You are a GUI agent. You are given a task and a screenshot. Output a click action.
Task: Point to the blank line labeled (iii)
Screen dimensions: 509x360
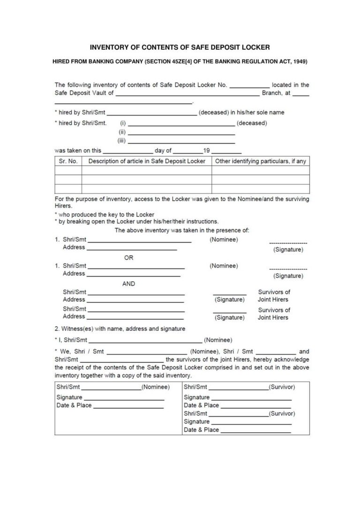(181, 142)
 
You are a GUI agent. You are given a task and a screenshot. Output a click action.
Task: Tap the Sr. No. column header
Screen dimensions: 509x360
(68, 161)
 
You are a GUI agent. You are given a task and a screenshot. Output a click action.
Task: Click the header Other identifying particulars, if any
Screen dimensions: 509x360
(260, 161)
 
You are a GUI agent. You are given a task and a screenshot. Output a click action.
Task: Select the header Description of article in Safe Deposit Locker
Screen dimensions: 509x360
(147, 161)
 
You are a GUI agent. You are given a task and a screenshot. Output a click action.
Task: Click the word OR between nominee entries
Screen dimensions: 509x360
(128, 257)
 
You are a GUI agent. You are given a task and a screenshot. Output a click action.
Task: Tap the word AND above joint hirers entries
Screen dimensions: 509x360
(128, 284)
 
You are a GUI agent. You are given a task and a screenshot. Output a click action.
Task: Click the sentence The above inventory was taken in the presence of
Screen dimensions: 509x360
(182, 230)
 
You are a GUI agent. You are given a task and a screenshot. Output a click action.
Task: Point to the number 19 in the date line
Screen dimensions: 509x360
(206, 151)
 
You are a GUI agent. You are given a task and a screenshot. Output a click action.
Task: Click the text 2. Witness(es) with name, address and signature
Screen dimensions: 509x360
(120, 329)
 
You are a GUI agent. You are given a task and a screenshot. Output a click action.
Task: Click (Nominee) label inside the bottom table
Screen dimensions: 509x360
(156, 387)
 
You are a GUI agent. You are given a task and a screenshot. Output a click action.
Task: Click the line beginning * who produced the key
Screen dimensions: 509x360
(95, 214)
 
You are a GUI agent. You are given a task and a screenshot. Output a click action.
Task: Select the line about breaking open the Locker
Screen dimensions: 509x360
(136, 221)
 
